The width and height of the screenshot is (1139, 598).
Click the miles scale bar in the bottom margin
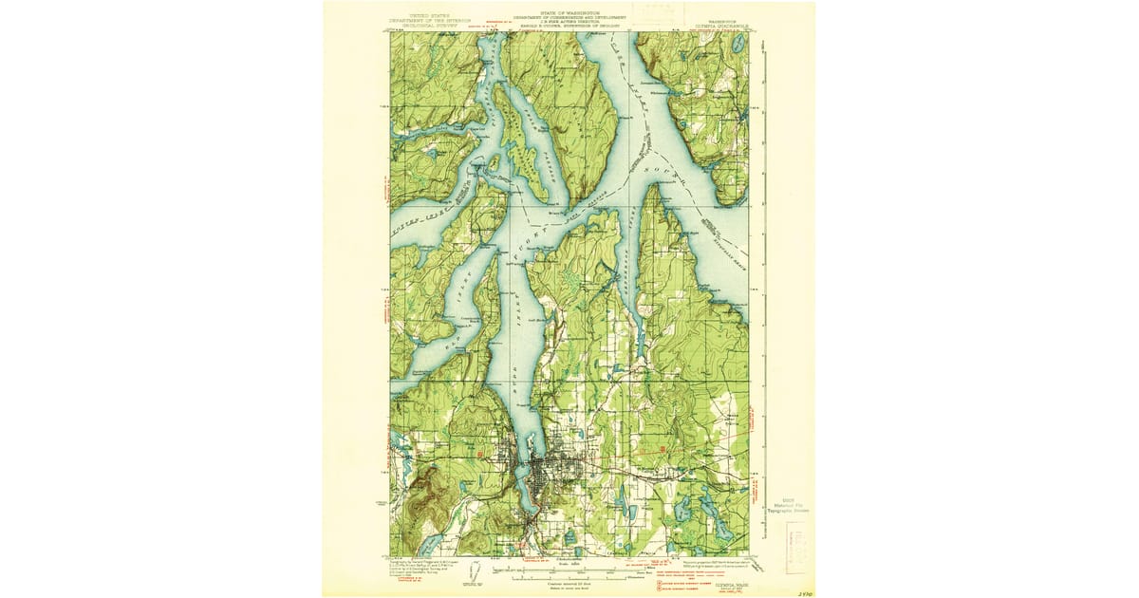[x=569, y=573]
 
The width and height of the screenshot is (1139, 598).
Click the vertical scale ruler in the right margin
[x=765, y=285]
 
